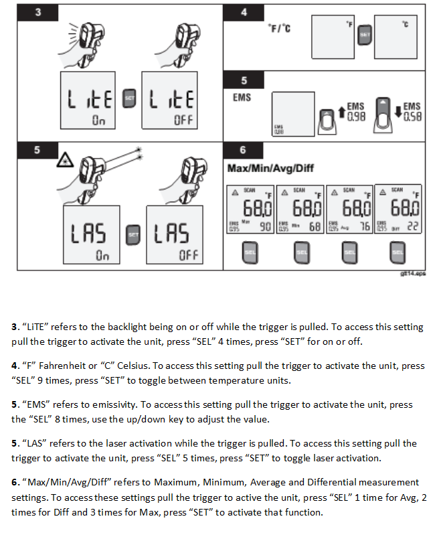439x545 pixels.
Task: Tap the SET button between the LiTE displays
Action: [x=130, y=100]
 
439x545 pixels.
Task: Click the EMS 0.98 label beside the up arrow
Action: [x=355, y=111]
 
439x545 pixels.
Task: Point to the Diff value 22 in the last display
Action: [x=413, y=227]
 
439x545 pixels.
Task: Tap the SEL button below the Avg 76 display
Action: [x=348, y=252]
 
